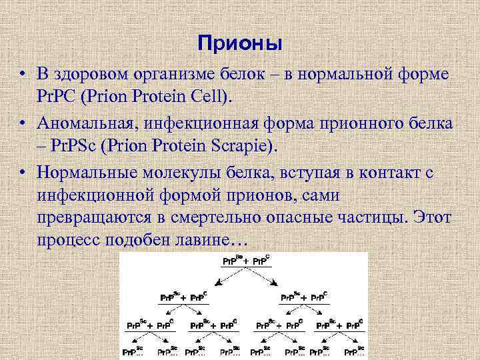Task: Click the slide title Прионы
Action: click(240, 44)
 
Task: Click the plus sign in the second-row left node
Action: click(184, 297)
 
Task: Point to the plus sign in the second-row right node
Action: click(305, 297)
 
